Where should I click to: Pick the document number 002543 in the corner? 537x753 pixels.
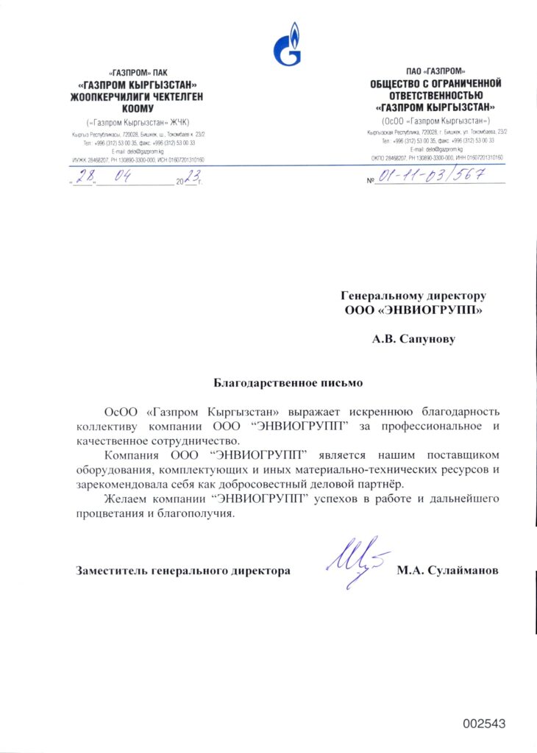point(484,724)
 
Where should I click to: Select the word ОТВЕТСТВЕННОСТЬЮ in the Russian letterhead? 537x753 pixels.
point(436,96)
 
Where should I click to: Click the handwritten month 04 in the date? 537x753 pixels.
point(124,176)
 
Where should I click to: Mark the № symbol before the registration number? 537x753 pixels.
point(370,181)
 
